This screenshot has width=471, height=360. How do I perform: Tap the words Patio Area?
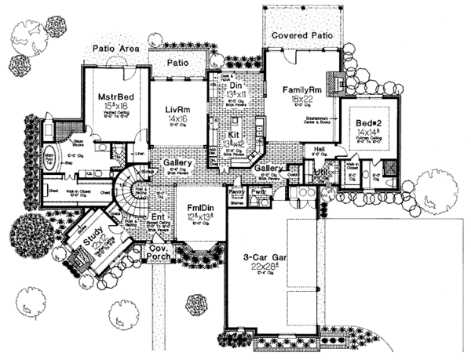(116, 48)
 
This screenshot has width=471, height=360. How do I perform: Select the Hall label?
(319, 147)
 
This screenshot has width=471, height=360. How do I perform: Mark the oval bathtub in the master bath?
(48, 157)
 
